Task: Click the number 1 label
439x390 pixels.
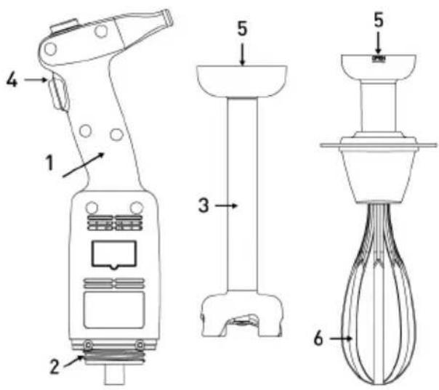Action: (49, 163)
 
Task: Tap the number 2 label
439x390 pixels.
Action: (55, 367)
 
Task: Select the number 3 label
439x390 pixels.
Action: (204, 206)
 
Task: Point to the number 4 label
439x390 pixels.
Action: (12, 80)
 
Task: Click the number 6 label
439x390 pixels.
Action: (318, 338)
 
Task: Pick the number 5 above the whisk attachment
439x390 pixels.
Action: (379, 20)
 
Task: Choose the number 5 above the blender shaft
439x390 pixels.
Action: (243, 28)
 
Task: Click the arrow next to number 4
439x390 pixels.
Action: (36, 80)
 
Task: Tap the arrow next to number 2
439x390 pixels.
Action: (73, 361)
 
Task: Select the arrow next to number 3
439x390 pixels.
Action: (226, 206)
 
